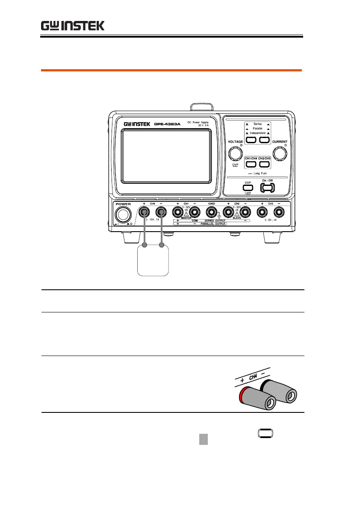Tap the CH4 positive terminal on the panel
[x=145, y=212]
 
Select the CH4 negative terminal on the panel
[x=161, y=212]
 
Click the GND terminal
[x=211, y=212]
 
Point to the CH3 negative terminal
[x=278, y=212]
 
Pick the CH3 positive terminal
[x=262, y=212]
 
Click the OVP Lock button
[x=248, y=187]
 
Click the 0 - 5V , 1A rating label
[x=270, y=220]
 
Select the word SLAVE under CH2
[x=236, y=218]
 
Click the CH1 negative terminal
[x=194, y=212]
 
